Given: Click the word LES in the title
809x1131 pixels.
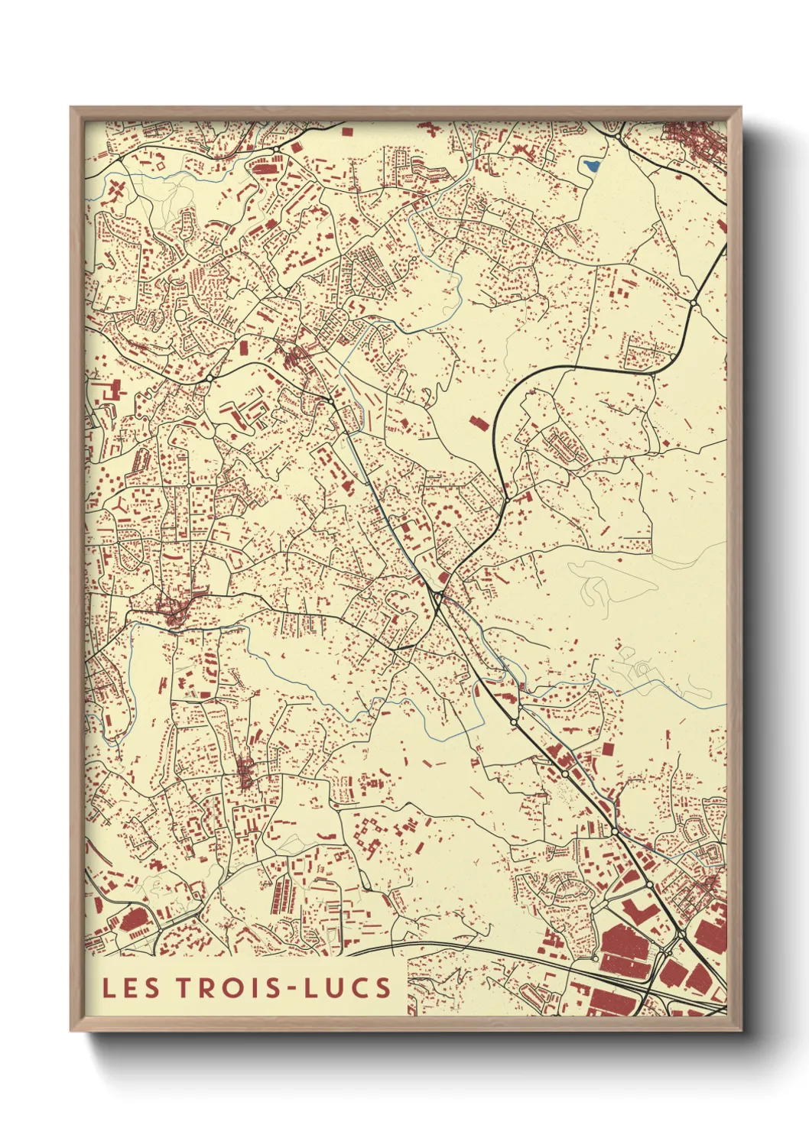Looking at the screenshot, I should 131,987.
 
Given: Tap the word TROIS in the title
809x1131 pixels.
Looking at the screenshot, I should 228,987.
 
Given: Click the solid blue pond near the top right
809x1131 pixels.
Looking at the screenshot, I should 591,164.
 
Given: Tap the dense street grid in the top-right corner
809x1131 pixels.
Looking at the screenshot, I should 693,142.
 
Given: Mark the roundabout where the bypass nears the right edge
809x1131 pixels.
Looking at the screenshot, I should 693,303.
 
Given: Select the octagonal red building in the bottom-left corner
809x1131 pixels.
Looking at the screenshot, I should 134,919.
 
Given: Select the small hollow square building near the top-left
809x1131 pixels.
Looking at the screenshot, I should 162,164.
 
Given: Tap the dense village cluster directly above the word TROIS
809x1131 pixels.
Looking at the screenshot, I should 245,772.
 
